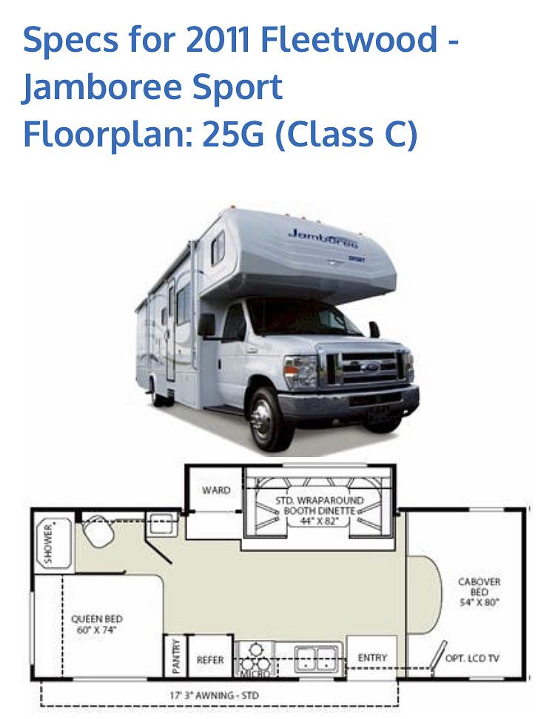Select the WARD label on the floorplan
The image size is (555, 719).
216,490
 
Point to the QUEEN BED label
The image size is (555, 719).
97,624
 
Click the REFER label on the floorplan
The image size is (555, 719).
210,659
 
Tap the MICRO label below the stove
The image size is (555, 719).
250,674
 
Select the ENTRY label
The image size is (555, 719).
371,658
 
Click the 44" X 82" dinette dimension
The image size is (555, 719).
320,521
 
